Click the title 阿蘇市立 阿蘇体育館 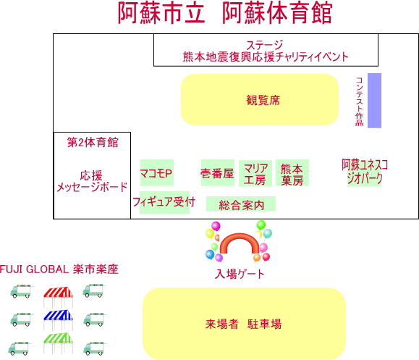point(225,12)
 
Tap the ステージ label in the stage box point(264,45)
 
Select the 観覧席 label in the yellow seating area point(263,100)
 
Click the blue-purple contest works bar point(374,101)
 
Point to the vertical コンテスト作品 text point(360,101)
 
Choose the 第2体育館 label point(93,142)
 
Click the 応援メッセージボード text point(92,181)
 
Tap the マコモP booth point(157,173)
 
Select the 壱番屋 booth point(218,173)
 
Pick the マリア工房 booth point(255,173)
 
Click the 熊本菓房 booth point(292,173)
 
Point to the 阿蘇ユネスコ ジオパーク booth point(365,172)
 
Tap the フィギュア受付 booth point(164,203)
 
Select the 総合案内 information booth point(241,204)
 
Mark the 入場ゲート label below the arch point(240,274)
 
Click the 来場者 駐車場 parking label point(243,324)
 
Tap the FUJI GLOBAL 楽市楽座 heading point(59,269)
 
